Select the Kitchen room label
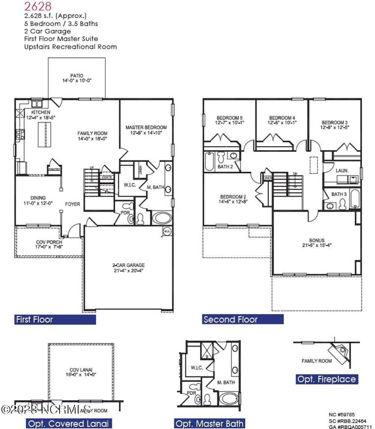[40, 112]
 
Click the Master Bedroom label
[146, 127]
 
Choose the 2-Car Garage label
[129, 266]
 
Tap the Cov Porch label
[39, 244]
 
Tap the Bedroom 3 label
[334, 122]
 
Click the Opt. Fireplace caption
[326, 379]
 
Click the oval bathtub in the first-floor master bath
[161, 219]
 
